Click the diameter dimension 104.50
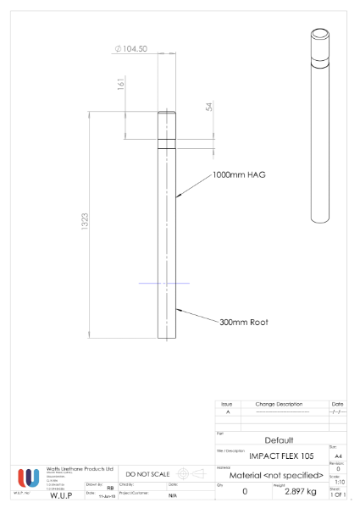point(131,48)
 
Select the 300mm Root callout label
point(244,323)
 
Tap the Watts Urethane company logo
point(27,477)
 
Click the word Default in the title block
point(279,440)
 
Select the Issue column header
point(227,405)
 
